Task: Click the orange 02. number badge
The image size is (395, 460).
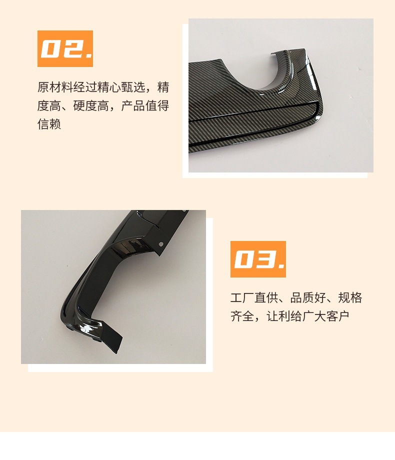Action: coord(65,48)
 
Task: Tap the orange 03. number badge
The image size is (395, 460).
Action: coord(258,259)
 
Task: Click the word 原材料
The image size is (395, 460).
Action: coord(55,87)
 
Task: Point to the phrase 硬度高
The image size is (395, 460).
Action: coord(91,105)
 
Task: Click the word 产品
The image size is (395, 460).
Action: coord(133,105)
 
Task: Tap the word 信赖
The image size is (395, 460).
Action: coord(49,124)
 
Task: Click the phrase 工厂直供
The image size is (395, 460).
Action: coord(254,297)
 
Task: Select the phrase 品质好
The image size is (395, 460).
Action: coord(308,297)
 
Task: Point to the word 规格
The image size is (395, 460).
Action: coord(350,297)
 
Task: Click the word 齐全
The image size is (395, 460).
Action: coord(242,316)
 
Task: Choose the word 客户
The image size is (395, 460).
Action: coord(338,316)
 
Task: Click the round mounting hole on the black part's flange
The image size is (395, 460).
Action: coord(160,244)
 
